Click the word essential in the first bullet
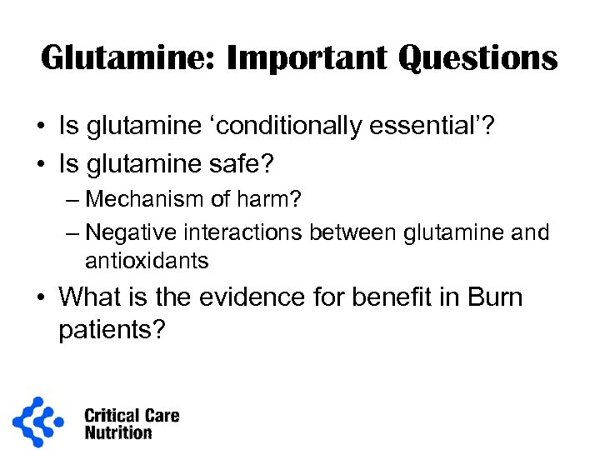click(432, 127)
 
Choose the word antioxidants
click(147, 261)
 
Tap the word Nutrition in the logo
click(117, 432)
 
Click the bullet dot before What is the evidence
click(41, 297)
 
